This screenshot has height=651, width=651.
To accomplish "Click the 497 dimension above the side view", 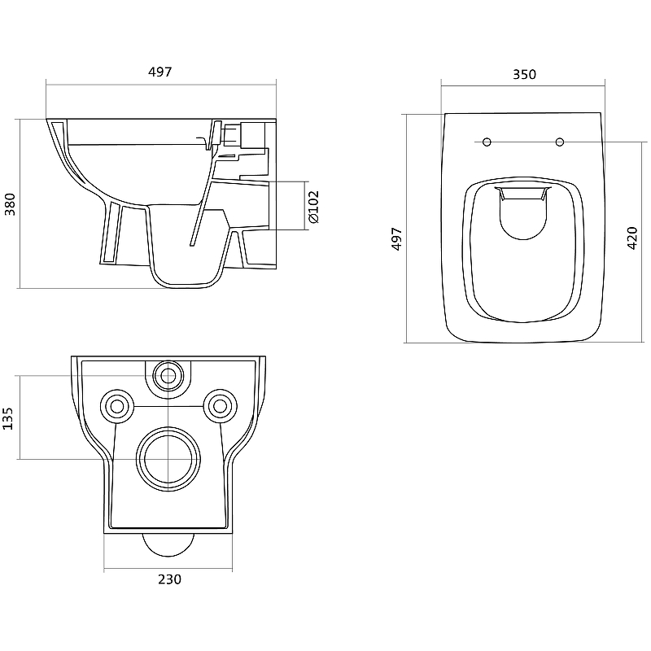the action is pos(159,72).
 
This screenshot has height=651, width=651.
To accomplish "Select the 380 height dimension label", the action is pos(10,204).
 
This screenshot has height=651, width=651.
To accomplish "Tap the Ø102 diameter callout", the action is pos(314,207).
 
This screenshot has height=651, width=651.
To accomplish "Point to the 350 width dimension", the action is pos(524,74).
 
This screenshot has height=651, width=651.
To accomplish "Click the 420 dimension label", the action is pos(632,238).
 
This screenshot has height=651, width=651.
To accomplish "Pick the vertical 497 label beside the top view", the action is pos(397,238).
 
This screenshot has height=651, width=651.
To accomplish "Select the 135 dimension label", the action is pos(8,418).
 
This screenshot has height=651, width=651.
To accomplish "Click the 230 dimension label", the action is pos(169,579).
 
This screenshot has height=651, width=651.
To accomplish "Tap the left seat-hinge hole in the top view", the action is pos(487,142).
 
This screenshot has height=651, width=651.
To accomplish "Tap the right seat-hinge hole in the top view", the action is pos(560,142).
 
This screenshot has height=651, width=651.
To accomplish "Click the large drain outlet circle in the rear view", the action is pos(168,459).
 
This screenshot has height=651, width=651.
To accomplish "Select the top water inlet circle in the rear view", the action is pos(168,376).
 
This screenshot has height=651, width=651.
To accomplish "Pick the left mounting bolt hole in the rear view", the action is pos(117,406).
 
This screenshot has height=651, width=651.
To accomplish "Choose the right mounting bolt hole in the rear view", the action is pos(220,406).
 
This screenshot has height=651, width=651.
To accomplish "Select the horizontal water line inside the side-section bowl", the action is pos(137,145).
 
